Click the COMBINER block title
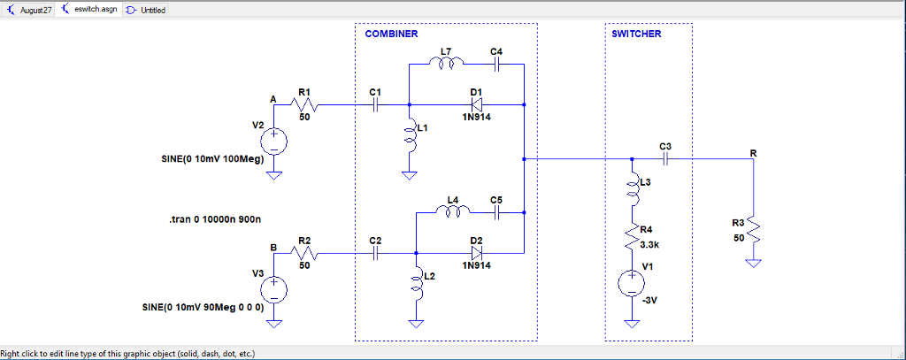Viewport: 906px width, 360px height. point(391,34)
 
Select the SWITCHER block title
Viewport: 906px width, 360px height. point(636,34)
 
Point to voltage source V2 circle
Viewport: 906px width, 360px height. point(274,142)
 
